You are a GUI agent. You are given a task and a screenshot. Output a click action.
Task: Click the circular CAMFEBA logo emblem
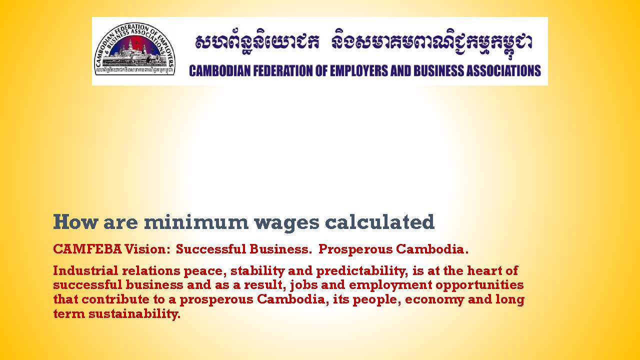pyautogui.click(x=134, y=49)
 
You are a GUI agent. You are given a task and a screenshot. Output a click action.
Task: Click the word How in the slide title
pyautogui.click(x=75, y=222)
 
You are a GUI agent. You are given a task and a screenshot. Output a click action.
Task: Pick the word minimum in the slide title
pyautogui.click(x=196, y=222)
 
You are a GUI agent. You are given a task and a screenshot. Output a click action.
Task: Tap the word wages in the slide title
pyautogui.click(x=286, y=223)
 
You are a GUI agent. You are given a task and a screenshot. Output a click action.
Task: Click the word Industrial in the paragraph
pyautogui.click(x=85, y=270)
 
